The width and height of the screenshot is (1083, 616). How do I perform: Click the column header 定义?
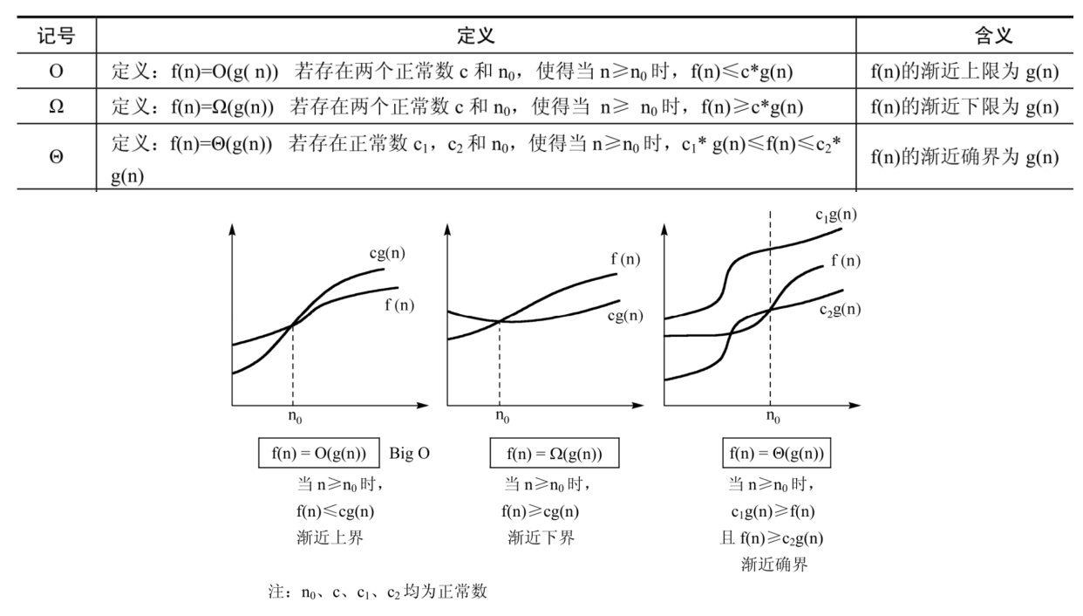click(x=476, y=36)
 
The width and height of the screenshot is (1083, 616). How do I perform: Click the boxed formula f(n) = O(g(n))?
click(x=319, y=455)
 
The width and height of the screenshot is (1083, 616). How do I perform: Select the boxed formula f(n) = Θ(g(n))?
click(x=775, y=455)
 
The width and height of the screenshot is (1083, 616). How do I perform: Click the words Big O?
click(x=410, y=455)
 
